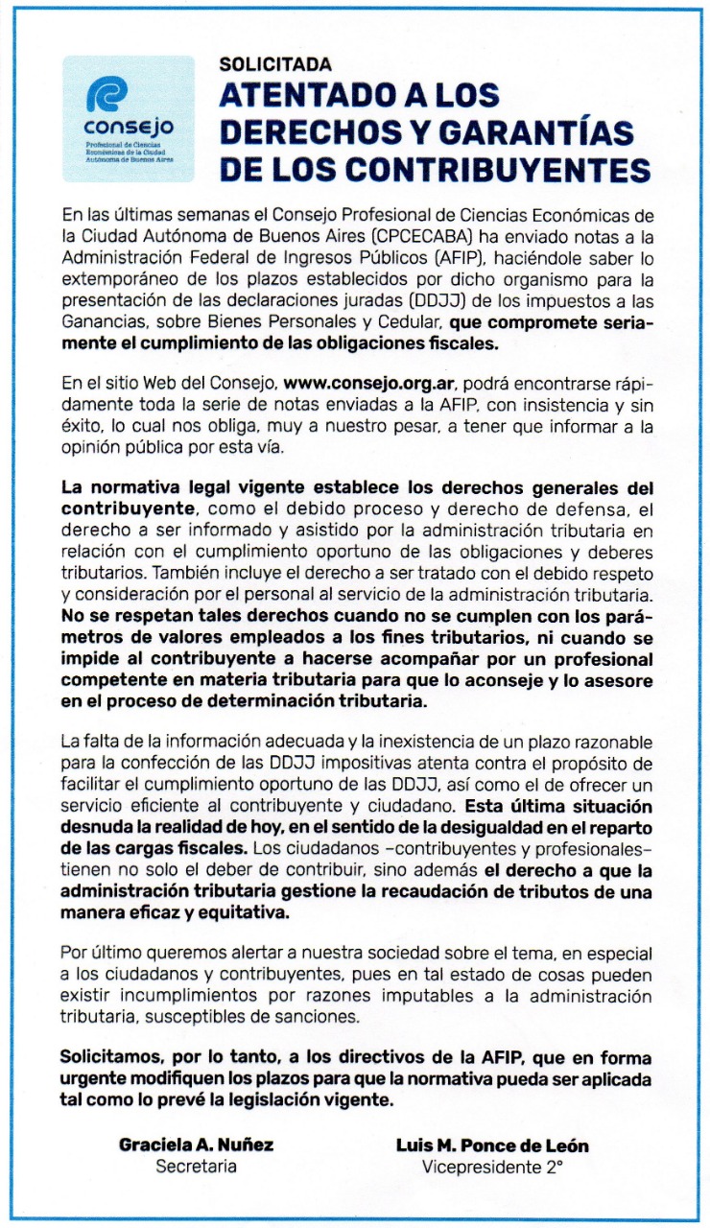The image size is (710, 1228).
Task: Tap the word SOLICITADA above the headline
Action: tap(275, 65)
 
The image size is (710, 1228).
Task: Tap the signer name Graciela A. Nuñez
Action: tap(196, 1145)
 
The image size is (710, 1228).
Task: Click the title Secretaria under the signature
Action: tap(196, 1168)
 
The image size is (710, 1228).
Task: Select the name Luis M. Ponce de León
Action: tap(492, 1145)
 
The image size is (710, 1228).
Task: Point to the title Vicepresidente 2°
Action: tap(492, 1168)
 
